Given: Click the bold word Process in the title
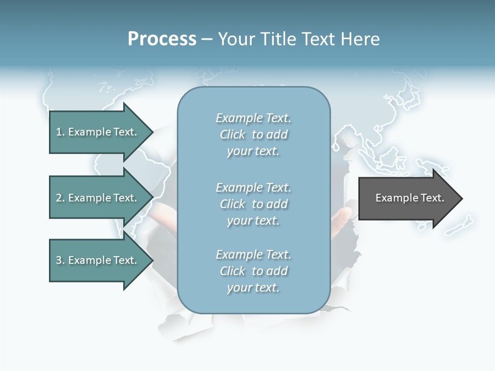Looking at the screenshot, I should click(162, 39).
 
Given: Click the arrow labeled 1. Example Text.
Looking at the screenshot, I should click(98, 132).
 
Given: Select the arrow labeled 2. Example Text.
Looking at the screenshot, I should click(98, 198).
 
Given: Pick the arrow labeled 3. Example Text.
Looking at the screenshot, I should click(98, 260).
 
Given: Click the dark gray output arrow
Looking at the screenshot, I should click(407, 198).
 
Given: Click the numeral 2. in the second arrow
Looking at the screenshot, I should click(60, 198).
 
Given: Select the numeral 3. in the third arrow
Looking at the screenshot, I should click(60, 260).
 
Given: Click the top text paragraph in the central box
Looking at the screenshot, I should click(253, 134).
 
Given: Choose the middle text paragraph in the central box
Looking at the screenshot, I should click(253, 204).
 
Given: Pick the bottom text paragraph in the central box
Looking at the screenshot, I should click(253, 271).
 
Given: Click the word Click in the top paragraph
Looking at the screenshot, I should click(233, 134).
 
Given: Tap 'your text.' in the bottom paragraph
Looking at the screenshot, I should click(253, 288).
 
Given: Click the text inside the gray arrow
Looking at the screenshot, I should click(409, 198).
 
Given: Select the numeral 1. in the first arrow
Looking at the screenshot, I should click(60, 132).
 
